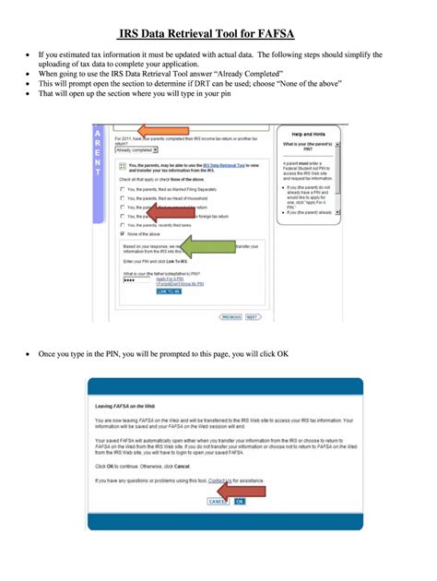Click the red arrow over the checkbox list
[171, 213]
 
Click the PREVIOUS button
[230, 316]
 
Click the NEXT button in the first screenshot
[251, 316]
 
